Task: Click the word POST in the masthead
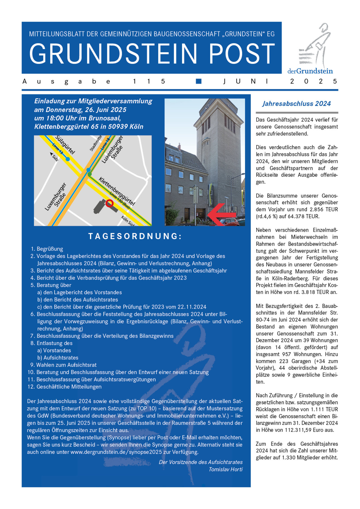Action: [242, 53]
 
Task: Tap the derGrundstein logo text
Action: [310, 71]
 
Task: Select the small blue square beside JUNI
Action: [199, 81]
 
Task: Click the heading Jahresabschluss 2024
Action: [296, 104]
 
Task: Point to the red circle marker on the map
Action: [109, 203]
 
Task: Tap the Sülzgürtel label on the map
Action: [65, 145]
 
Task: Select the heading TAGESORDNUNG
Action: [135, 236]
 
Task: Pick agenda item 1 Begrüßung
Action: [49, 249]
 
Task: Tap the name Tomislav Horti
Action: [225, 469]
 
